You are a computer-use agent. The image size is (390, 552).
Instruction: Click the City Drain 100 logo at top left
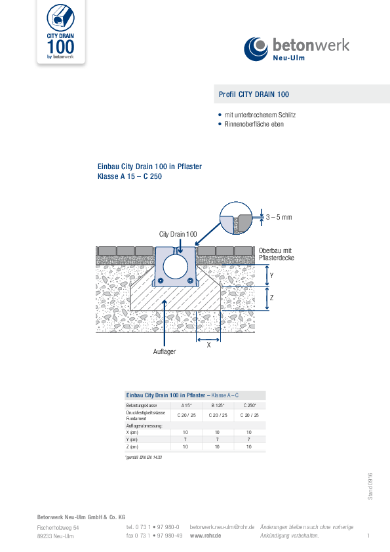[x=60, y=33]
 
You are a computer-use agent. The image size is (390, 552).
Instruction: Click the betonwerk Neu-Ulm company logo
[x=297, y=49]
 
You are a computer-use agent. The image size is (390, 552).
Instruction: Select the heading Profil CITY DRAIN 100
[x=254, y=94]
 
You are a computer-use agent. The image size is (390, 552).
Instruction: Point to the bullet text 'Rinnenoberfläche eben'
[x=254, y=124]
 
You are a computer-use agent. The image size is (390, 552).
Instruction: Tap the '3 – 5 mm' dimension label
[x=279, y=216]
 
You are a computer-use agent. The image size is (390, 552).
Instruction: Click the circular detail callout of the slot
[x=237, y=218]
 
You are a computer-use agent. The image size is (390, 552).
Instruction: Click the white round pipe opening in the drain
[x=175, y=267]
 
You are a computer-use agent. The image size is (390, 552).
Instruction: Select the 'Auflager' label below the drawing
[x=164, y=351]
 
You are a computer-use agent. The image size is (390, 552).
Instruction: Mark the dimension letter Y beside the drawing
[x=272, y=276]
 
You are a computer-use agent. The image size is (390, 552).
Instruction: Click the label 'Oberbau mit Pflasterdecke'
[x=276, y=254]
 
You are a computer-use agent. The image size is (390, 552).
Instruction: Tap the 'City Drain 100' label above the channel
[x=178, y=234]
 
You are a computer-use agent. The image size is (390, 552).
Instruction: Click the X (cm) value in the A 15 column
[x=185, y=432]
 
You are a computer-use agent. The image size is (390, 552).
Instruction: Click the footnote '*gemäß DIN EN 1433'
[x=144, y=457]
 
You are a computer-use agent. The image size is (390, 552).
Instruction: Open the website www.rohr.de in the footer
[x=205, y=536]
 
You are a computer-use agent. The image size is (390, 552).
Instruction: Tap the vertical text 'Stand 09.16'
[x=370, y=487]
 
